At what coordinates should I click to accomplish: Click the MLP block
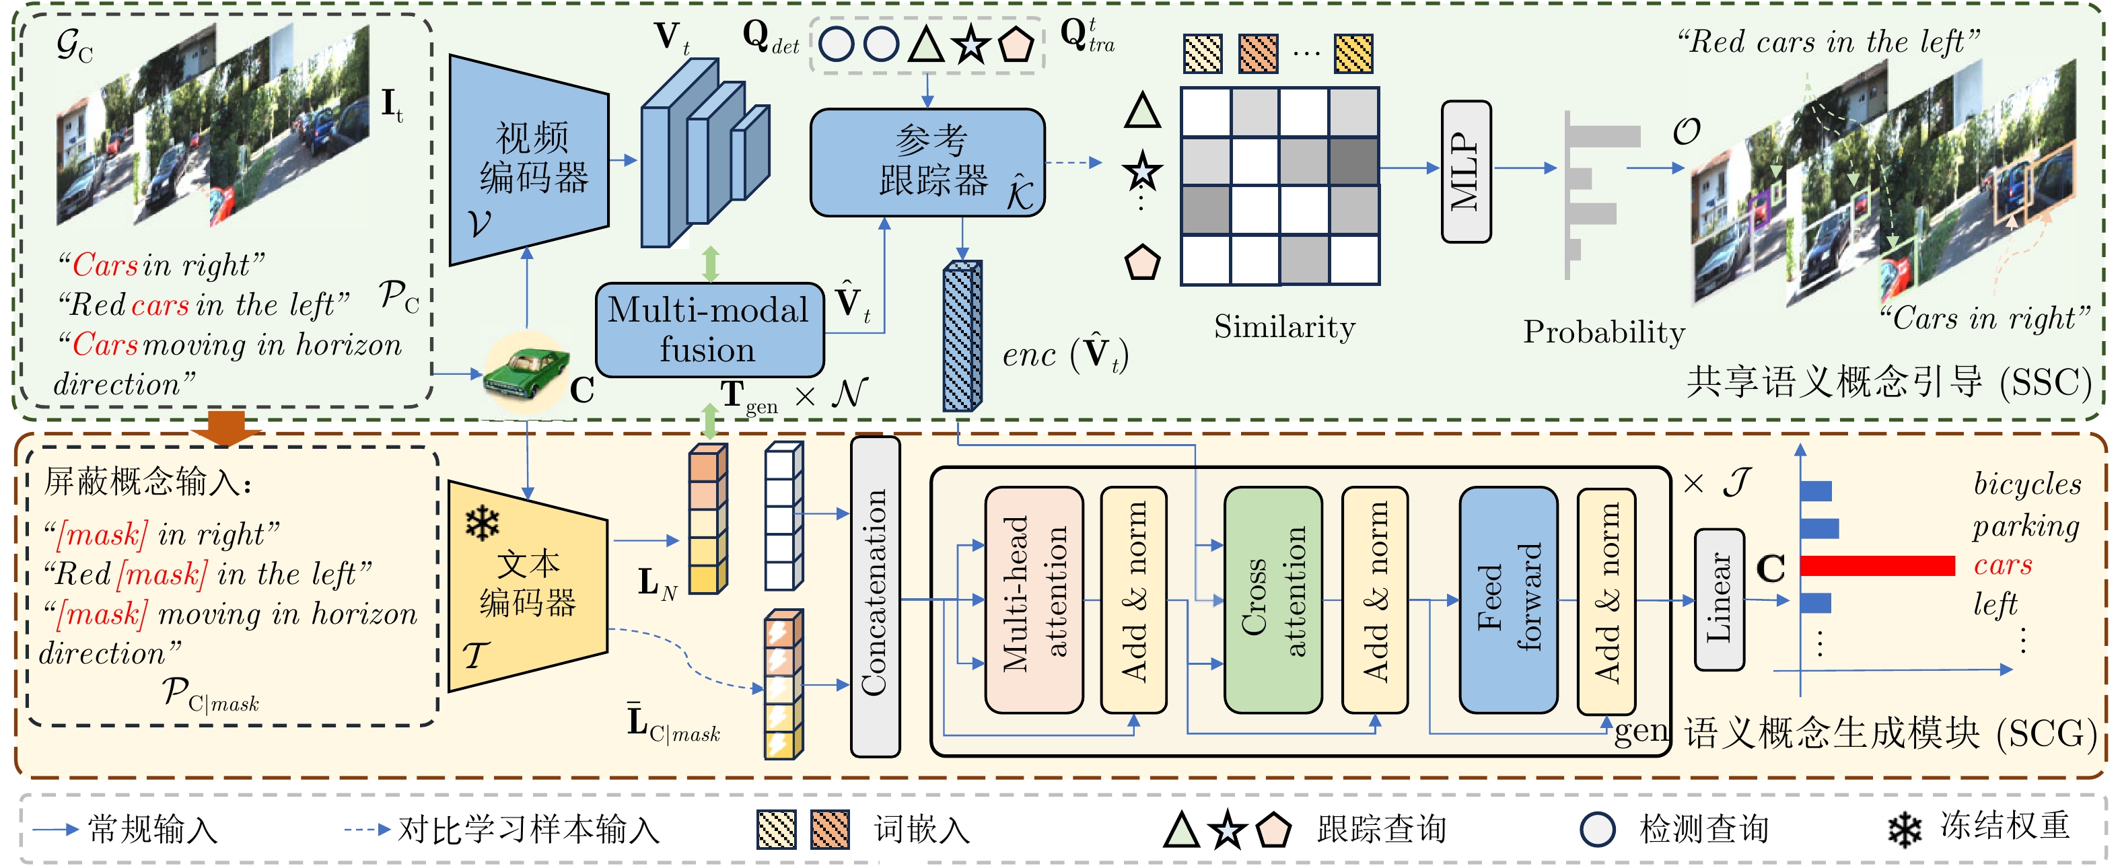[1466, 171]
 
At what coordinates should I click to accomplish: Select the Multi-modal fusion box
[709, 329]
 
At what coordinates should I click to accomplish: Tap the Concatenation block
[874, 595]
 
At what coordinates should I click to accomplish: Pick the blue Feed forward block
[1508, 599]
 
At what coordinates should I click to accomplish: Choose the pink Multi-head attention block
[1034, 599]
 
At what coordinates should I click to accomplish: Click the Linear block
[1718, 599]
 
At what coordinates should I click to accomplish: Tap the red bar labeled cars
[1876, 565]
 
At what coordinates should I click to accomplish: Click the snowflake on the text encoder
[483, 523]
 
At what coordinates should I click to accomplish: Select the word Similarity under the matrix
[1284, 328]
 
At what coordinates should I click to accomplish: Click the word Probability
[1603, 332]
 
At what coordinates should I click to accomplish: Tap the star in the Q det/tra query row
[971, 44]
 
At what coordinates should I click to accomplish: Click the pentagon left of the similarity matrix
[1142, 262]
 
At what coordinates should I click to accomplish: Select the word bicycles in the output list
[2027, 484]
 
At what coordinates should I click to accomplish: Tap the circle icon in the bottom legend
[1598, 830]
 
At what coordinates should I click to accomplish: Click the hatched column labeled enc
[961, 336]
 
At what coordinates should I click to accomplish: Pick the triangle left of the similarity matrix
[1142, 111]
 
